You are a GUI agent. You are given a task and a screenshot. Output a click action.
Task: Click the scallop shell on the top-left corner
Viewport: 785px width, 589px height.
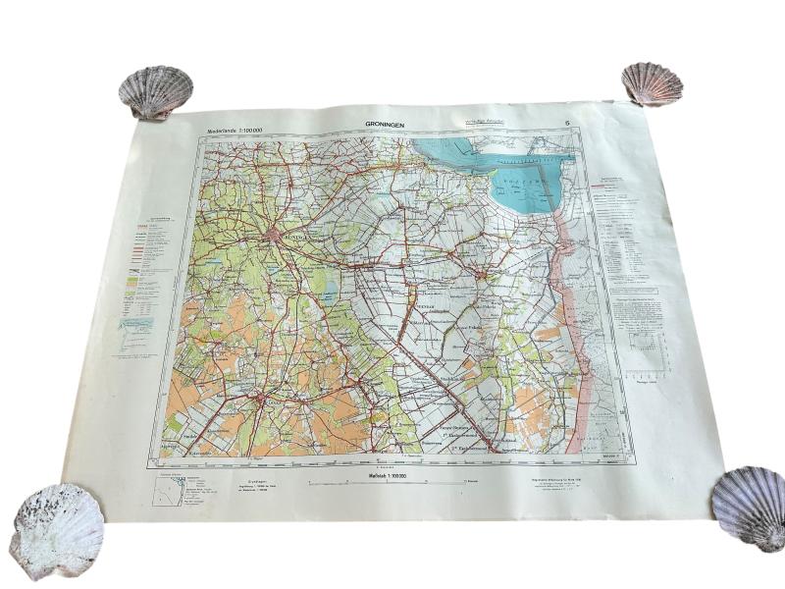(155, 91)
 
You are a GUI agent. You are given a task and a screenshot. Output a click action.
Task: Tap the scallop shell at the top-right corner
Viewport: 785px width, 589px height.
(652, 83)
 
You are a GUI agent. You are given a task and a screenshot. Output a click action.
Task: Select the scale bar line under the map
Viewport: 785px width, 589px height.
(386, 483)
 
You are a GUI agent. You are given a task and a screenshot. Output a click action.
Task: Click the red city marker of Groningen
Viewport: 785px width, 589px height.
(272, 235)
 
